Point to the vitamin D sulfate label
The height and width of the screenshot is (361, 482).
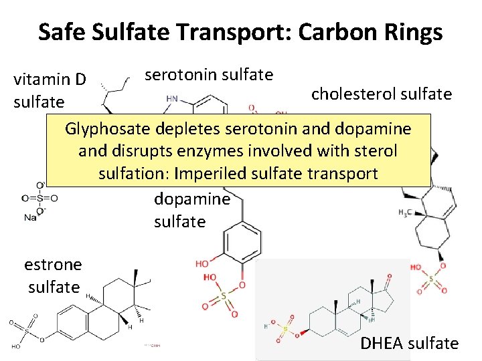tap(50, 90)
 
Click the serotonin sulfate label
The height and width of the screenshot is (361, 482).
tap(209, 74)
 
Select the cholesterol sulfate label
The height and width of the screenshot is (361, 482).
tap(382, 94)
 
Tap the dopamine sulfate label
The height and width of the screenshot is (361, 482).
tap(192, 210)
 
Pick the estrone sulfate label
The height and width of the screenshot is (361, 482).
tap(53, 275)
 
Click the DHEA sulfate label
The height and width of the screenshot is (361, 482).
tap(410, 344)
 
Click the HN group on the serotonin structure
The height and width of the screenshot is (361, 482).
tap(172, 98)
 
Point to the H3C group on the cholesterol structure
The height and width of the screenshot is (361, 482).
tap(406, 213)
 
